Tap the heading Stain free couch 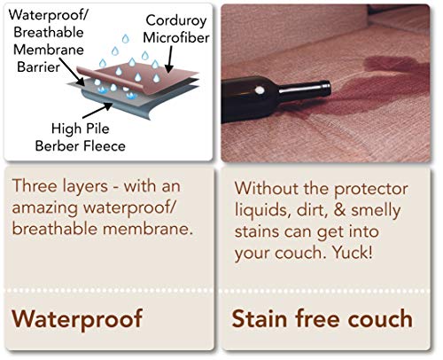[323, 317]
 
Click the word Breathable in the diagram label [50, 32]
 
